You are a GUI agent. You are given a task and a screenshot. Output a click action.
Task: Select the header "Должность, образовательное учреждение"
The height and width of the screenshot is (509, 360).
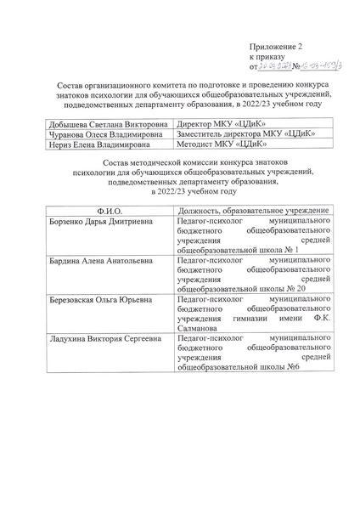(245, 210)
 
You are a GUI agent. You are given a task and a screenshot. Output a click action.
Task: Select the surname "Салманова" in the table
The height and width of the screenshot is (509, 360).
(198, 328)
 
